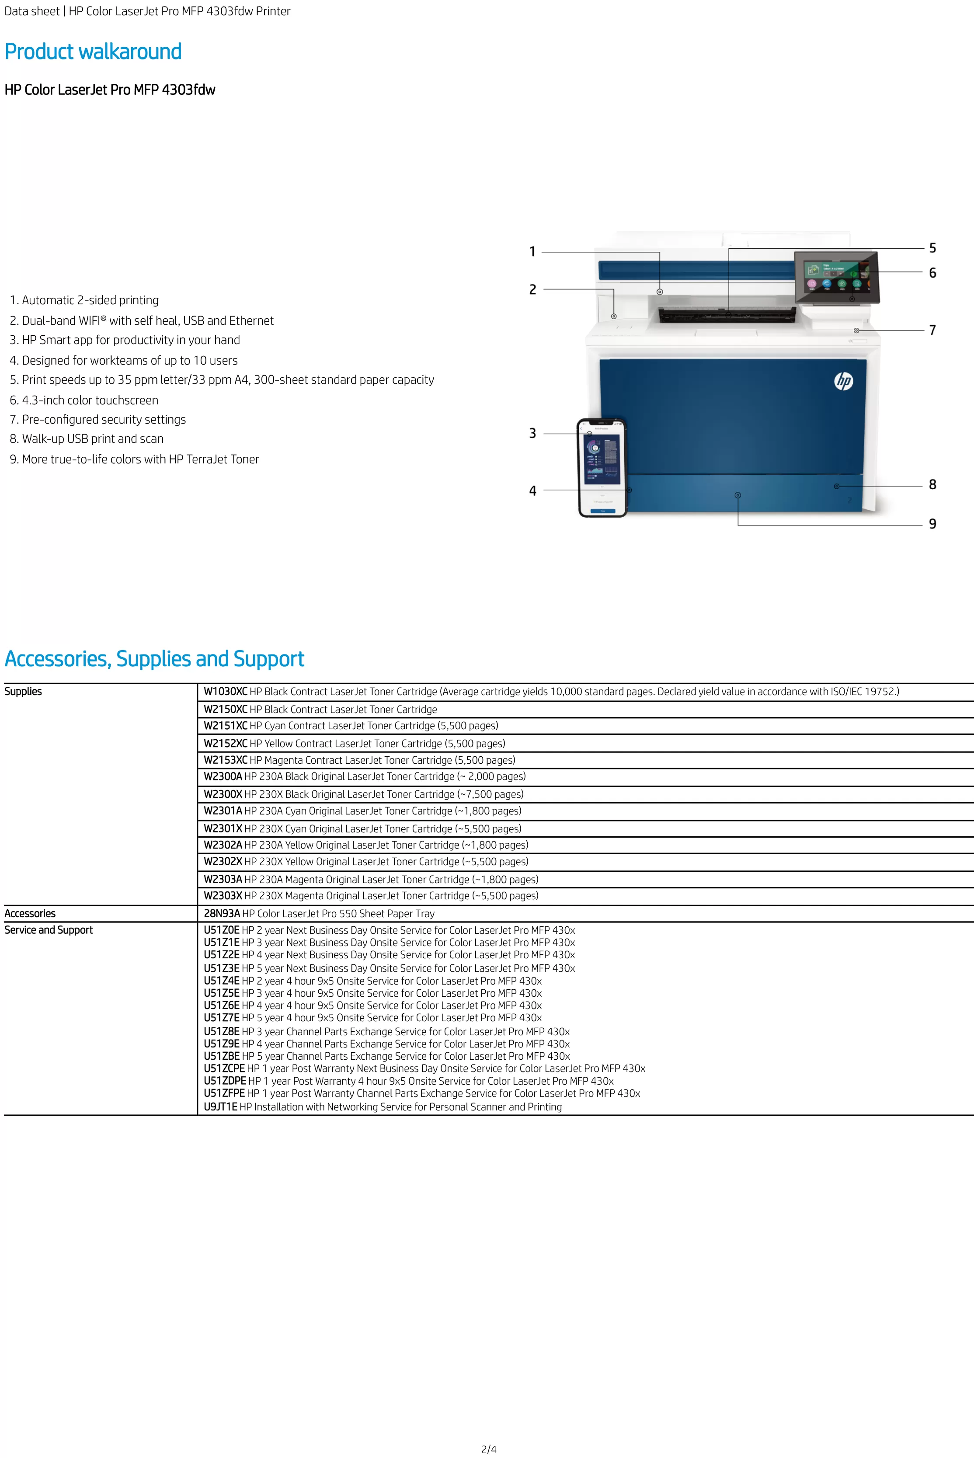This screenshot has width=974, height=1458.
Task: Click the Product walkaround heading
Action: (93, 52)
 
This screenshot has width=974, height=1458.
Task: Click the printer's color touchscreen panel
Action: (836, 276)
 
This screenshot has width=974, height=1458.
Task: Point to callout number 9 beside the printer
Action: (932, 524)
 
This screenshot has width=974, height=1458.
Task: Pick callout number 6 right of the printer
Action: (932, 273)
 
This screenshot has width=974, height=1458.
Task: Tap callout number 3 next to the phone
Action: (532, 433)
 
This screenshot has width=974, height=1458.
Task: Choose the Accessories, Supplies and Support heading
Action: (154, 658)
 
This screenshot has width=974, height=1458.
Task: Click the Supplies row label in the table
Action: (23, 692)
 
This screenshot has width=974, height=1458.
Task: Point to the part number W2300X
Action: (223, 794)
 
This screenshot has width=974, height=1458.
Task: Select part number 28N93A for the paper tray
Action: (222, 913)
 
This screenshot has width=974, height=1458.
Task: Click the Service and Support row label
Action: (49, 930)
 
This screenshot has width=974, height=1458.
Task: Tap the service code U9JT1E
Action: (220, 1107)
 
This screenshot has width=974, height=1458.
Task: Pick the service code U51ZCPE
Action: (224, 1068)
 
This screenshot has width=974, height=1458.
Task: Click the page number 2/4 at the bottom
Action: (489, 1449)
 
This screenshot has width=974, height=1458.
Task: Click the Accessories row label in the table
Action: (30, 913)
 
